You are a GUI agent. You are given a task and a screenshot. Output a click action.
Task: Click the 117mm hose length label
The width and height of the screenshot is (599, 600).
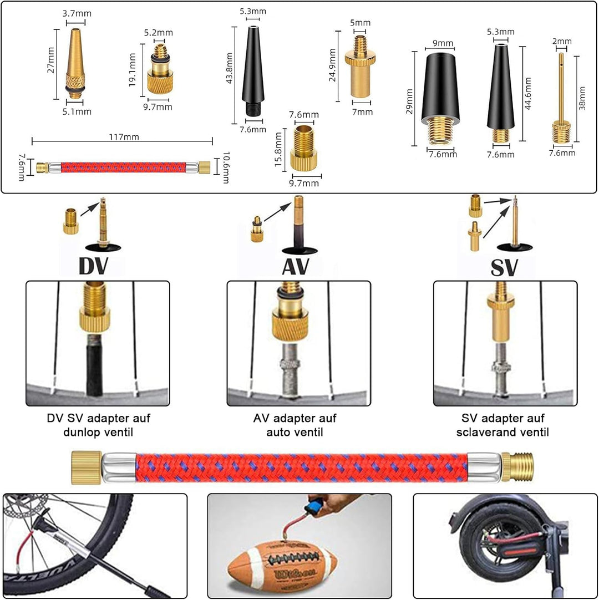point(123,137)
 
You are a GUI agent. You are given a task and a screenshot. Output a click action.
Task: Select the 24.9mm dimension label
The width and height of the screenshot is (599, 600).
point(332,65)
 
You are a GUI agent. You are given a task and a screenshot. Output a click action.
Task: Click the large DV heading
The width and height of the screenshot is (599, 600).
point(93,266)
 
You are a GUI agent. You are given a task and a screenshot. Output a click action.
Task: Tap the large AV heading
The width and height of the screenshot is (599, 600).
point(295,266)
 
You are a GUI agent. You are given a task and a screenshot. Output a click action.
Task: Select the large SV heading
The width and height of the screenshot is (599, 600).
point(504,267)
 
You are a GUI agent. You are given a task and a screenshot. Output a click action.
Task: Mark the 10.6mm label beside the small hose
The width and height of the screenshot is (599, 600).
point(225,167)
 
